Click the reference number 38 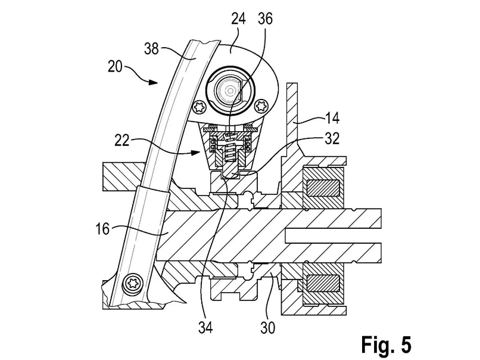point(151,49)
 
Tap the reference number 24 point(238,19)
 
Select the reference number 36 point(265,19)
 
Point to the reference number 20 point(115,67)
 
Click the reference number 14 point(332,118)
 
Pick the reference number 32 point(332,139)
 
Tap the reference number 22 point(122,141)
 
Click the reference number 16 point(102,229)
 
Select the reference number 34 point(205,328)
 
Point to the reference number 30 point(268,328)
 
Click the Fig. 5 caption point(387,345)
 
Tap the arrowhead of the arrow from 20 point(154,82)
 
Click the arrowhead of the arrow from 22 point(195,151)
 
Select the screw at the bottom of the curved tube point(133,283)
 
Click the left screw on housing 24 point(198,107)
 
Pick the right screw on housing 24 point(261,107)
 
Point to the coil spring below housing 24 point(230,147)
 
